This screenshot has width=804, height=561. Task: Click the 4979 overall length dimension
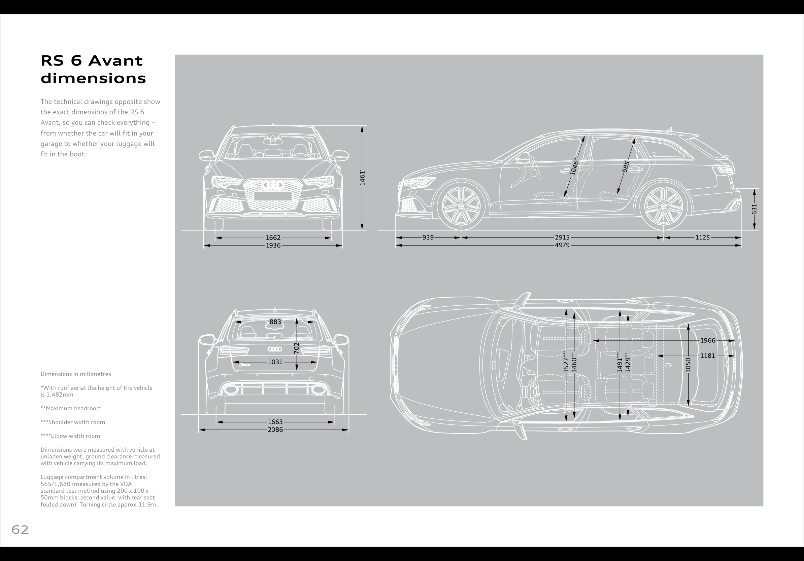point(562,246)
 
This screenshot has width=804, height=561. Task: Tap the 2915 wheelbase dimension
point(562,238)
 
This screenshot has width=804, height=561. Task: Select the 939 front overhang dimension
point(428,238)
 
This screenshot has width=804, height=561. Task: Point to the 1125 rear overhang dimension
point(702,238)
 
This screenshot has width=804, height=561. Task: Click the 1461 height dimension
point(362,178)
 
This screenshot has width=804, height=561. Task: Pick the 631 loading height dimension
point(754,209)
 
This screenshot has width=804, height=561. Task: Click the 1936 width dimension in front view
point(273,246)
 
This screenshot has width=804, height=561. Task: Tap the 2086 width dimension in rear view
point(275,430)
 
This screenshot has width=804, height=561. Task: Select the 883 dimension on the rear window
point(275,322)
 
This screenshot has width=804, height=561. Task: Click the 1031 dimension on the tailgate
point(275,362)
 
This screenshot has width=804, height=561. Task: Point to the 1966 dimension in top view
point(708,341)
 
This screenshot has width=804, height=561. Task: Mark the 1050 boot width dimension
point(688,365)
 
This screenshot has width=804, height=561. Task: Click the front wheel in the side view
point(461,205)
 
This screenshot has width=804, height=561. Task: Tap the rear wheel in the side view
point(664,205)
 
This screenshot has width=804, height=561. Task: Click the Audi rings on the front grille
point(273,185)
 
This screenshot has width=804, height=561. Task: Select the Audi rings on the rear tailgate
point(275,349)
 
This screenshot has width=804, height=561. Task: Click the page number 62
point(20,530)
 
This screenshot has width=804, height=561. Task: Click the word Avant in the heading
point(115,61)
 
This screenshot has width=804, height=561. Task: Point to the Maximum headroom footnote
point(71,409)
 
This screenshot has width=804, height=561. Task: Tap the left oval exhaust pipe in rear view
point(230,389)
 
